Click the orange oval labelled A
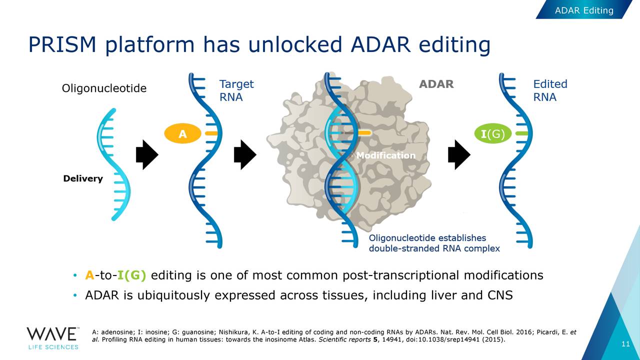click(182, 133)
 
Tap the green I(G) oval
click(493, 133)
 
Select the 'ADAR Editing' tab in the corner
click(584, 10)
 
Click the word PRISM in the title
click(62, 44)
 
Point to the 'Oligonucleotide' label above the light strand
click(104, 88)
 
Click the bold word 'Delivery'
click(83, 178)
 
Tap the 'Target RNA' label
click(236, 90)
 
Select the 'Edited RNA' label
click(550, 90)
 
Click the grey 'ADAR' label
click(436, 84)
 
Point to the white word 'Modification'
click(386, 155)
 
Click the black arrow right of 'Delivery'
click(147, 154)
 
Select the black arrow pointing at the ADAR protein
click(245, 154)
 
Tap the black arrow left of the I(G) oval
click(459, 154)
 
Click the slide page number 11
click(625, 343)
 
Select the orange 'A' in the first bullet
click(89, 275)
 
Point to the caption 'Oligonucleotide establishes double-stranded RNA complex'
click(434, 243)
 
